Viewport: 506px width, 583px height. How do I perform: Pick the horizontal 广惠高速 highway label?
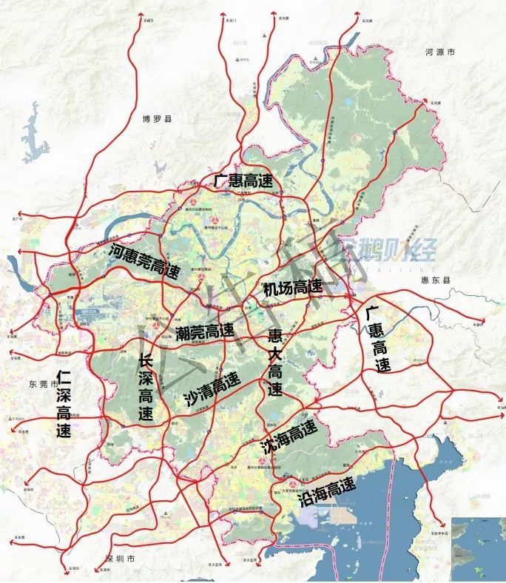point(243,180)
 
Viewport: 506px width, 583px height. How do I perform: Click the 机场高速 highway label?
point(293,286)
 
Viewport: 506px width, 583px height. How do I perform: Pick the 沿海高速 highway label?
point(326,490)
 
